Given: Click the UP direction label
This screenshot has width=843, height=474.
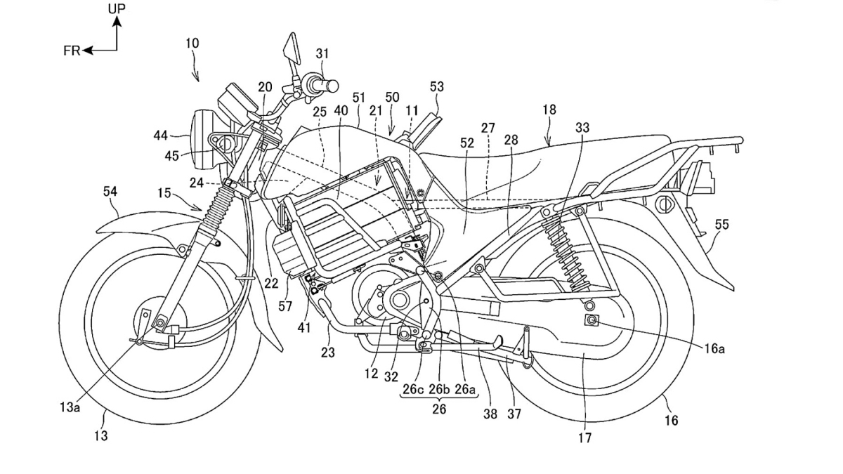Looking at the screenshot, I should pos(117,9).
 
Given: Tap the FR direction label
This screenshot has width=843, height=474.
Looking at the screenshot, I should pos(71,51).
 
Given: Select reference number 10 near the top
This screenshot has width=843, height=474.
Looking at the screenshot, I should pos(192,44).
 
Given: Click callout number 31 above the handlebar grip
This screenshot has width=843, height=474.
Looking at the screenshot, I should pos(322,53).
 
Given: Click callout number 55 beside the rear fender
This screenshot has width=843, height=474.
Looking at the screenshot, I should pos(721,225).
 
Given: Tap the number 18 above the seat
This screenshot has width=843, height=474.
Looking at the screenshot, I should pos(549,110).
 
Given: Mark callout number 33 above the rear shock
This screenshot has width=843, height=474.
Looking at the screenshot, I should pos(582,128).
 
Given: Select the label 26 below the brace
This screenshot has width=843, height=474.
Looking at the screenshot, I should pos(439,409).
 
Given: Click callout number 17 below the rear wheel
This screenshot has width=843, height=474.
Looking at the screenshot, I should pos(584,438).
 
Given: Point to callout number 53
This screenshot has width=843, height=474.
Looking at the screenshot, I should pos(437,86).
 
